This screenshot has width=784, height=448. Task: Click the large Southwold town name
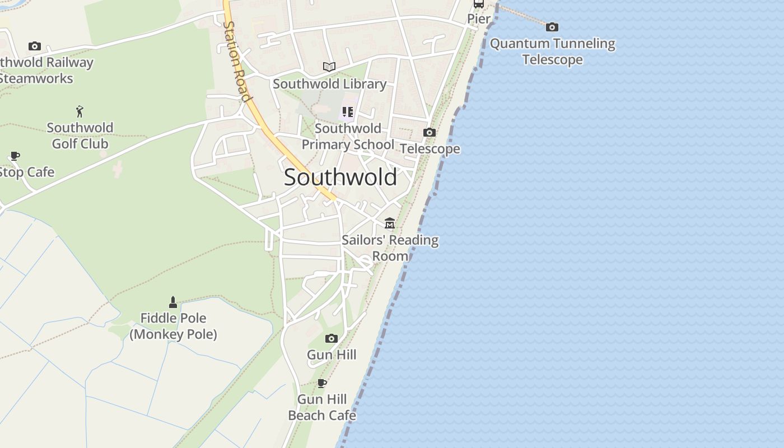click(x=340, y=178)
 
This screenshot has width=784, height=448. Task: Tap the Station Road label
click(x=237, y=61)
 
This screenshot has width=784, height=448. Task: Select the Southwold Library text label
click(x=329, y=84)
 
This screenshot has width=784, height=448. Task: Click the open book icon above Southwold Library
click(x=329, y=67)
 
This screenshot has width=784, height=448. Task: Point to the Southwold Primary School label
click(x=348, y=137)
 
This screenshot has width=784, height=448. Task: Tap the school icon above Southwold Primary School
click(x=348, y=112)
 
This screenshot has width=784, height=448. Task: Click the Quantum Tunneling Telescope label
click(x=553, y=52)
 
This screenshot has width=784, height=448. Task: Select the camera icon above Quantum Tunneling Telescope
click(x=552, y=27)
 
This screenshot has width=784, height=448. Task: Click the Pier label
click(x=479, y=19)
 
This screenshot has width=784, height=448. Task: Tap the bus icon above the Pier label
click(x=479, y=4)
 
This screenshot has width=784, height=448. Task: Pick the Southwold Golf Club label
click(x=80, y=136)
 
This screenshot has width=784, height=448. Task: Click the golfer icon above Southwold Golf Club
click(x=80, y=111)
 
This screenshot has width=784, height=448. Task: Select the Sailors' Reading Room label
click(x=390, y=248)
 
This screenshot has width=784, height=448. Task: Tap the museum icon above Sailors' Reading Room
click(x=390, y=224)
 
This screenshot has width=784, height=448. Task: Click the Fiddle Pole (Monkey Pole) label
click(x=173, y=326)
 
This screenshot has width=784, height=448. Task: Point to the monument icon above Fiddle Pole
click(x=173, y=302)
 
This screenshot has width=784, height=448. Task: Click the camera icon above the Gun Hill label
click(x=332, y=338)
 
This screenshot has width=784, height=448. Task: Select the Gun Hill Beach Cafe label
click(x=322, y=407)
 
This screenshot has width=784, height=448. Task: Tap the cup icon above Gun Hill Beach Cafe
click(x=322, y=383)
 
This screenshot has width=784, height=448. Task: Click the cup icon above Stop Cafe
click(x=15, y=156)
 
